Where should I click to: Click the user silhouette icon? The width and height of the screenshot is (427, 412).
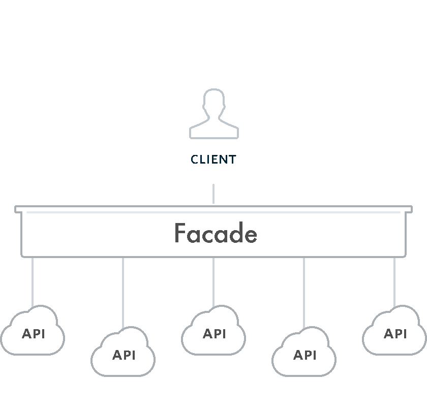(213, 114)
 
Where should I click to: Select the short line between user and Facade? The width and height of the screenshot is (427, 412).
(213, 194)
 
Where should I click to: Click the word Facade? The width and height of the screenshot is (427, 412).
(216, 234)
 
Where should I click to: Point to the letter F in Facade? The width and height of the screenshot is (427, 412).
(179, 233)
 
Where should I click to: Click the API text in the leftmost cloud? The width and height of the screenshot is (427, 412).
(34, 334)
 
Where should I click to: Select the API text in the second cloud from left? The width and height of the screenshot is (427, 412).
(124, 355)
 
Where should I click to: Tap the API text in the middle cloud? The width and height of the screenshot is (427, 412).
(215, 334)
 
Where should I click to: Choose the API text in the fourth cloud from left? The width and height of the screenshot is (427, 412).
(305, 355)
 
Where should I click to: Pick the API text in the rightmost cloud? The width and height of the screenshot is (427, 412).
(395, 334)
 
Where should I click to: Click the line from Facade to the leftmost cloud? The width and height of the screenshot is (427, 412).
(33, 282)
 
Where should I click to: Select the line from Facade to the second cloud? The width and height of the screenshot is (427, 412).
(123, 292)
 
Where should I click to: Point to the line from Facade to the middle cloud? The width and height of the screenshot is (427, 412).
(213, 282)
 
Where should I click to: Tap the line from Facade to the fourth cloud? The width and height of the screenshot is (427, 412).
(304, 292)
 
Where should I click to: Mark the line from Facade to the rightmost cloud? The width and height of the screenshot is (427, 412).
(394, 282)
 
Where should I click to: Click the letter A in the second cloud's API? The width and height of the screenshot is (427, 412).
(116, 355)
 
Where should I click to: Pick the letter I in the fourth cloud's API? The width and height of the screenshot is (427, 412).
(315, 355)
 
